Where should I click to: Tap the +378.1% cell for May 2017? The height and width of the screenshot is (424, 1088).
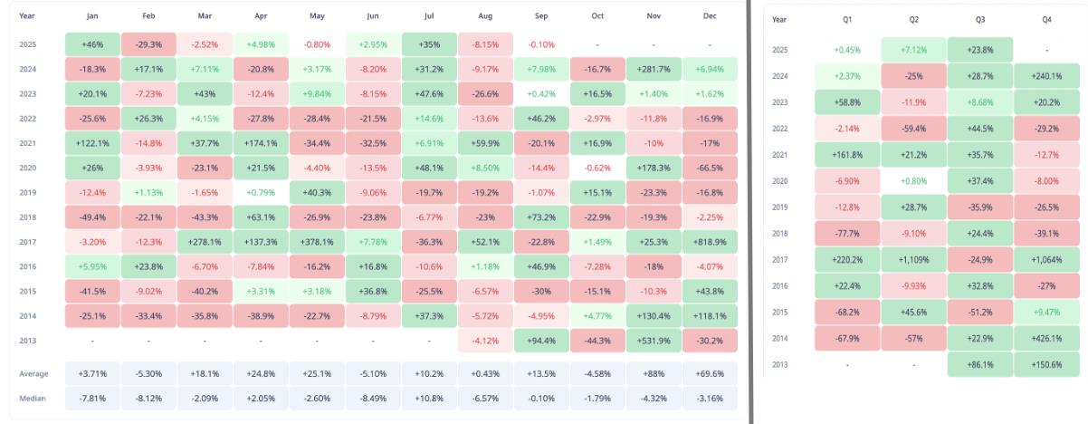(x=316, y=243)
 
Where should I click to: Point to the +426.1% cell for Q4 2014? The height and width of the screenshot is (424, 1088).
(x=1045, y=338)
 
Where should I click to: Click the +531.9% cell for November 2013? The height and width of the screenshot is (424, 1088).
(x=654, y=342)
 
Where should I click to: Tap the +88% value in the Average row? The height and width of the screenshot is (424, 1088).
(x=654, y=373)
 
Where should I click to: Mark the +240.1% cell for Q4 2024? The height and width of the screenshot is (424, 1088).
(x=1045, y=77)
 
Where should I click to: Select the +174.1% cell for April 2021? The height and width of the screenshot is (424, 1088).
(x=260, y=143)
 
